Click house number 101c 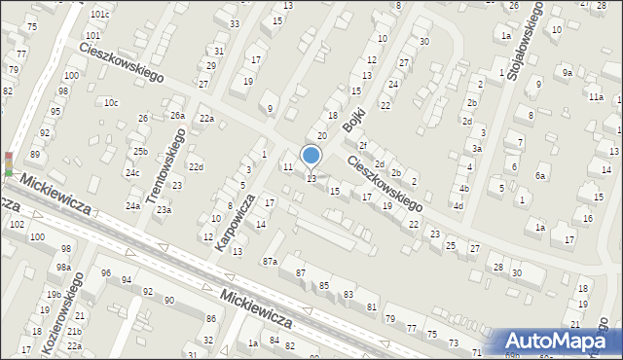point(99,15)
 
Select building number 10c point(111,102)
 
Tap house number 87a point(270,261)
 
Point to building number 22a point(206,119)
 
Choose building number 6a point(540,176)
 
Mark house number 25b point(141,151)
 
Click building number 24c point(131,173)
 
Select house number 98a point(63,267)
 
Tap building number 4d point(458,206)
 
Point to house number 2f point(362,146)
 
